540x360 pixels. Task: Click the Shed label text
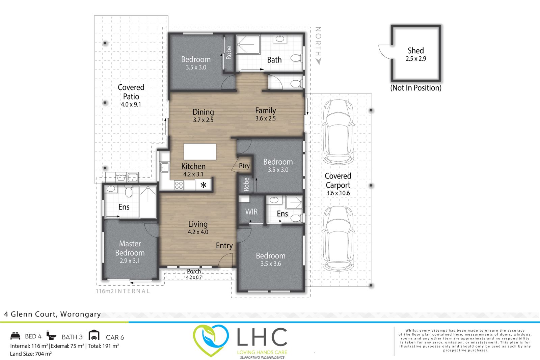(x=415, y=51)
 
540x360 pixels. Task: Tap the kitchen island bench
(x=200, y=152)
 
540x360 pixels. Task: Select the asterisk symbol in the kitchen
(x=203, y=185)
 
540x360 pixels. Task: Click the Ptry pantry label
(x=244, y=166)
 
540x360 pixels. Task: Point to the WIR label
(x=251, y=212)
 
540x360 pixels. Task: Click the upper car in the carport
(x=338, y=132)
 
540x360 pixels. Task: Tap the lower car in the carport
(x=338, y=239)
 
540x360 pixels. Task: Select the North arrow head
(x=318, y=61)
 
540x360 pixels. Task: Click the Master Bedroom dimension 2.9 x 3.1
(x=130, y=261)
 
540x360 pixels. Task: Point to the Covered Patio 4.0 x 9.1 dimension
(x=131, y=105)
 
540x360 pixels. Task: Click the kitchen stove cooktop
(x=179, y=185)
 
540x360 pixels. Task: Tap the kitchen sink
(x=164, y=167)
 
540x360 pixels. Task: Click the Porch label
(x=194, y=271)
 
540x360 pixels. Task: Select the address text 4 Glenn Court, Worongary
(x=52, y=314)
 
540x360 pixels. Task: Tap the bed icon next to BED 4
(x=16, y=336)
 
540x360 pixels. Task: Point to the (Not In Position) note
(x=416, y=88)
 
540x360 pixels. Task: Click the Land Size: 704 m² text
(x=31, y=354)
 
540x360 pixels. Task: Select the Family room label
(x=265, y=110)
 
